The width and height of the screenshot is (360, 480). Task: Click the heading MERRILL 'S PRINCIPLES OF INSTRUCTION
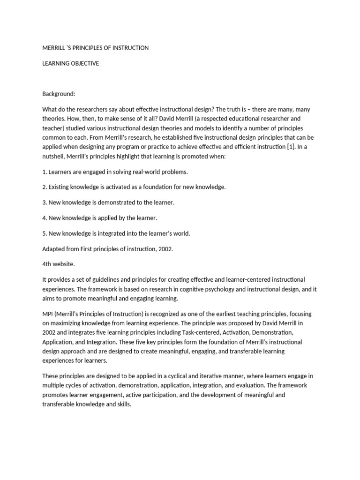coord(95,48)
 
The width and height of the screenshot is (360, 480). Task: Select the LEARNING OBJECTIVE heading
coord(70,64)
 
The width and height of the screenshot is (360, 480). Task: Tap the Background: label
coord(59,94)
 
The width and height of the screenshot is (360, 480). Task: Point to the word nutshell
coord(56,156)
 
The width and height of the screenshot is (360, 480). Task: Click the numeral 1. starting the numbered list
coord(45,172)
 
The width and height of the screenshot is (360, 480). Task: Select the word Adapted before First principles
coord(54,248)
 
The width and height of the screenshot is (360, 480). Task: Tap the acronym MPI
coord(49,314)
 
